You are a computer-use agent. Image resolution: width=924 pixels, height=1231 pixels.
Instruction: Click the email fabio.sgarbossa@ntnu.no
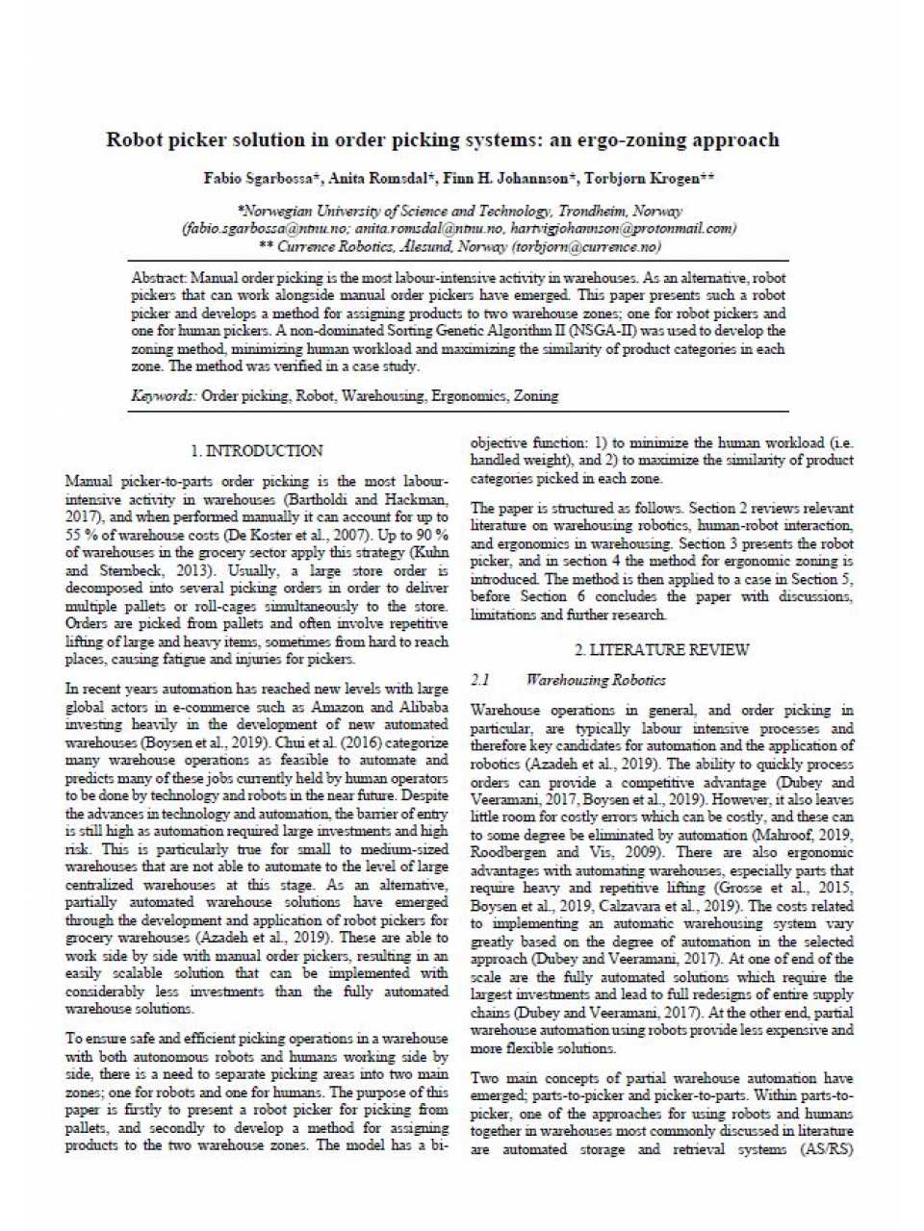point(266,229)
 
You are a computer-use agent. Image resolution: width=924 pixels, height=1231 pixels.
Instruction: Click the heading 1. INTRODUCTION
point(256,450)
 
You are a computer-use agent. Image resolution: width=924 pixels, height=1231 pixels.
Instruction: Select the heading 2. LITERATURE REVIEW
point(661,650)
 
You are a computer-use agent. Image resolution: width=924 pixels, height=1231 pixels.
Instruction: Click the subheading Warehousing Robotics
point(596,680)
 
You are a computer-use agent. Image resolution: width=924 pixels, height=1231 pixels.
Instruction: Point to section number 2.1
point(481,680)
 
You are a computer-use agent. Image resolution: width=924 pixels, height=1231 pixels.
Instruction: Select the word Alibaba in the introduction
point(421,707)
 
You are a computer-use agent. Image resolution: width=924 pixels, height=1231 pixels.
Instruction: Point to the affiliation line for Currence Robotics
point(460,247)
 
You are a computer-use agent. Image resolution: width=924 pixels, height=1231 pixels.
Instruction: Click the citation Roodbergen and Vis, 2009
point(548,852)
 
